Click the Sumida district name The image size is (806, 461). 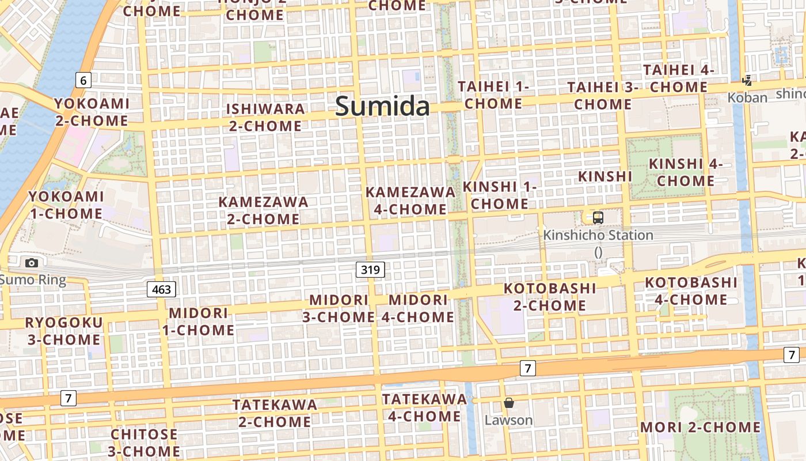coord(382,107)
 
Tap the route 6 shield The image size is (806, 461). coord(83,80)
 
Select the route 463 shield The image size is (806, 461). coord(161,289)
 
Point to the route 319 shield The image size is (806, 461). coord(370,269)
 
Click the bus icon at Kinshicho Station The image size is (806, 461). coord(598,218)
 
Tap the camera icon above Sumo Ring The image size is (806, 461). coord(32,263)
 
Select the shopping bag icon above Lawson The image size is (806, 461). coord(508,403)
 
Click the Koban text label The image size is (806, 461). coord(747,97)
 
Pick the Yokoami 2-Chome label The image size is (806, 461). coord(92,112)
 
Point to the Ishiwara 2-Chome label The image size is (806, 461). coord(265,118)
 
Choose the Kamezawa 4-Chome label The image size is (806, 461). coord(410,201)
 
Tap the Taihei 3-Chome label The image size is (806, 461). coord(603,96)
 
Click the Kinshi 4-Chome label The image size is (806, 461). coord(686,172)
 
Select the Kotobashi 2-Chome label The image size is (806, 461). coord(550,297)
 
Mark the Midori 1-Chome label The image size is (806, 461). coord(198,322)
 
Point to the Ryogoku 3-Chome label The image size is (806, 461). coord(63,331)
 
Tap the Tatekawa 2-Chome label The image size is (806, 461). coord(275,413)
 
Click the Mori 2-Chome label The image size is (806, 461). coord(700,428)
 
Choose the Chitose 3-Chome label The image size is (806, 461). coord(144,442)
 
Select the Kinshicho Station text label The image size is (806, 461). coord(598,235)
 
